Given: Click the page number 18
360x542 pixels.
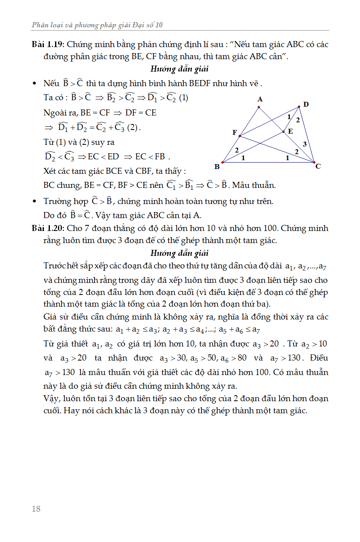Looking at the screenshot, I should [x=36, y=509].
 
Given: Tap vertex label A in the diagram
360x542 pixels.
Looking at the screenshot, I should [x=260, y=99].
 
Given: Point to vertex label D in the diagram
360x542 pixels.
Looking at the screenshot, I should [x=306, y=104].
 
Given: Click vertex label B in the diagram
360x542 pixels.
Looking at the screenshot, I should [x=217, y=167].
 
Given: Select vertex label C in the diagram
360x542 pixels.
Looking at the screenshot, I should [x=318, y=166].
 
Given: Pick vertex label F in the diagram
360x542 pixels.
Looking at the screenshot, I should [x=235, y=132].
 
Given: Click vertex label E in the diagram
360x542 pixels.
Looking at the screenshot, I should [x=290, y=131].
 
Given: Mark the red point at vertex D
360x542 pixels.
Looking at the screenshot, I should [x=299, y=107].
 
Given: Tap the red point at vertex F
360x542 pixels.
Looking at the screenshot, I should [x=240, y=136].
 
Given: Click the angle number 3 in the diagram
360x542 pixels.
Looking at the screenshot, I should [x=305, y=144].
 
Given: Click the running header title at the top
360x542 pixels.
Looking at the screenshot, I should [x=97, y=25].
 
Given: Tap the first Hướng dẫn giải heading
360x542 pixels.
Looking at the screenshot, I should [x=179, y=69].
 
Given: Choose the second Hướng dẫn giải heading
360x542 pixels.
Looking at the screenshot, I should [x=179, y=253].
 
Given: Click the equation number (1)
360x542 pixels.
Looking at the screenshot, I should [x=183, y=98].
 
